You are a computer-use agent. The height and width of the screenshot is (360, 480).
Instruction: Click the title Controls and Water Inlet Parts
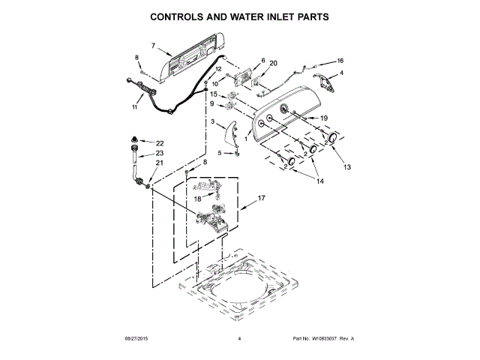239,16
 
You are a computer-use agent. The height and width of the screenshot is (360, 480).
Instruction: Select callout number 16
339,60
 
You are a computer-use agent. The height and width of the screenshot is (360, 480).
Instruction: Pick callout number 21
159,163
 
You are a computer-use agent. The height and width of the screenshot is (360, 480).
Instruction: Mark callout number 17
262,199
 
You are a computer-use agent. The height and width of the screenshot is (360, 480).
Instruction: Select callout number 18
198,199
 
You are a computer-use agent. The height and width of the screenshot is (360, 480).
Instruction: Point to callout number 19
324,118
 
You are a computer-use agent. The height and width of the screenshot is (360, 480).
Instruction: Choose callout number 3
213,121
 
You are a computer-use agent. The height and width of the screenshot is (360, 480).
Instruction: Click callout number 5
220,153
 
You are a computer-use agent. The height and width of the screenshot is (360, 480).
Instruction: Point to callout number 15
214,94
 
